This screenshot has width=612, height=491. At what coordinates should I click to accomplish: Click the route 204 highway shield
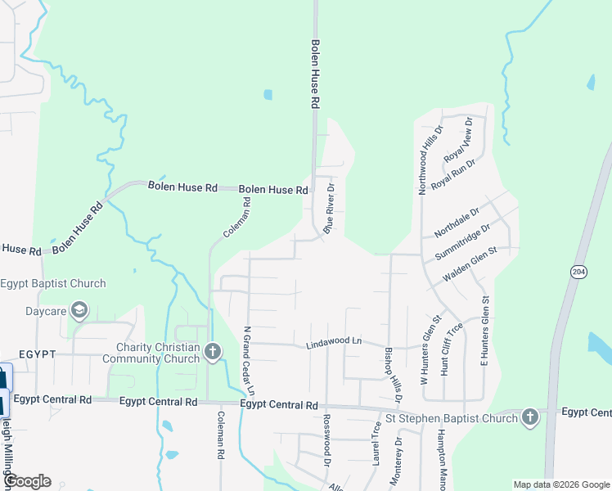578,271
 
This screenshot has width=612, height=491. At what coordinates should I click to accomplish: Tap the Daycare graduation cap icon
79,310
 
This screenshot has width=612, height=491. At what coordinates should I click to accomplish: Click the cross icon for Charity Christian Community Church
213,353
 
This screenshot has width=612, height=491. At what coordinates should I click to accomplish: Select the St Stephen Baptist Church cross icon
529,418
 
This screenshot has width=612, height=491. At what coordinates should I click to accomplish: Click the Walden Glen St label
470,265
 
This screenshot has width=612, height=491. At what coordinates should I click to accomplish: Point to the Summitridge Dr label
462,242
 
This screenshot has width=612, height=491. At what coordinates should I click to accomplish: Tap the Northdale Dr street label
456,222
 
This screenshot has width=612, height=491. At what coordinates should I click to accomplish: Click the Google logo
27,481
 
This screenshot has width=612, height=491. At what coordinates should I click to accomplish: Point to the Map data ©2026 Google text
560,484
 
